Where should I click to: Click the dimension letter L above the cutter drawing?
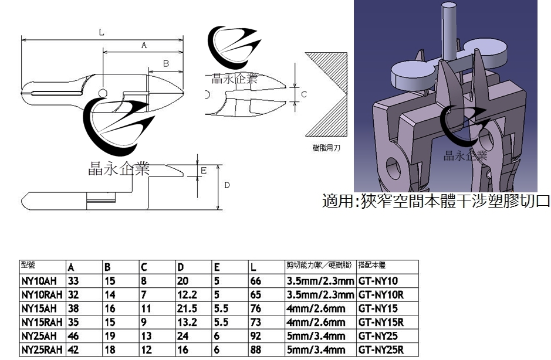click(101, 33)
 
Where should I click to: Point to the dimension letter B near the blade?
click(166, 62)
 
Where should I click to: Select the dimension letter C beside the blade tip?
click(304, 93)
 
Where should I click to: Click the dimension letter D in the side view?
click(227, 185)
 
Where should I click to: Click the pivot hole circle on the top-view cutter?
click(103, 93)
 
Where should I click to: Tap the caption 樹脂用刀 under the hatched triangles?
click(327, 148)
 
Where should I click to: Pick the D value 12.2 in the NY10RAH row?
click(187, 294)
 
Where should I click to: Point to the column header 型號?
click(28, 265)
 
